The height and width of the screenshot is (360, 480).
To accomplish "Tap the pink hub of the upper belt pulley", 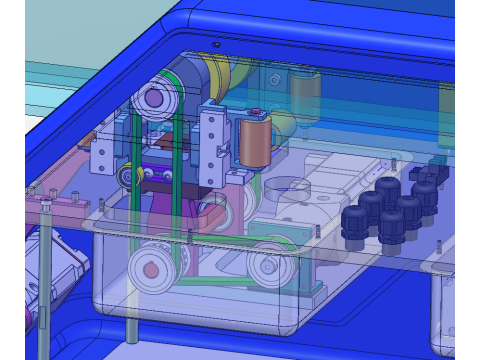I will [x=154, y=99].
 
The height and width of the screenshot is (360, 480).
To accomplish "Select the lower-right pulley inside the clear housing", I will [x=267, y=264].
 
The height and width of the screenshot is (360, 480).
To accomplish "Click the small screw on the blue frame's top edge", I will [x=217, y=45].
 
